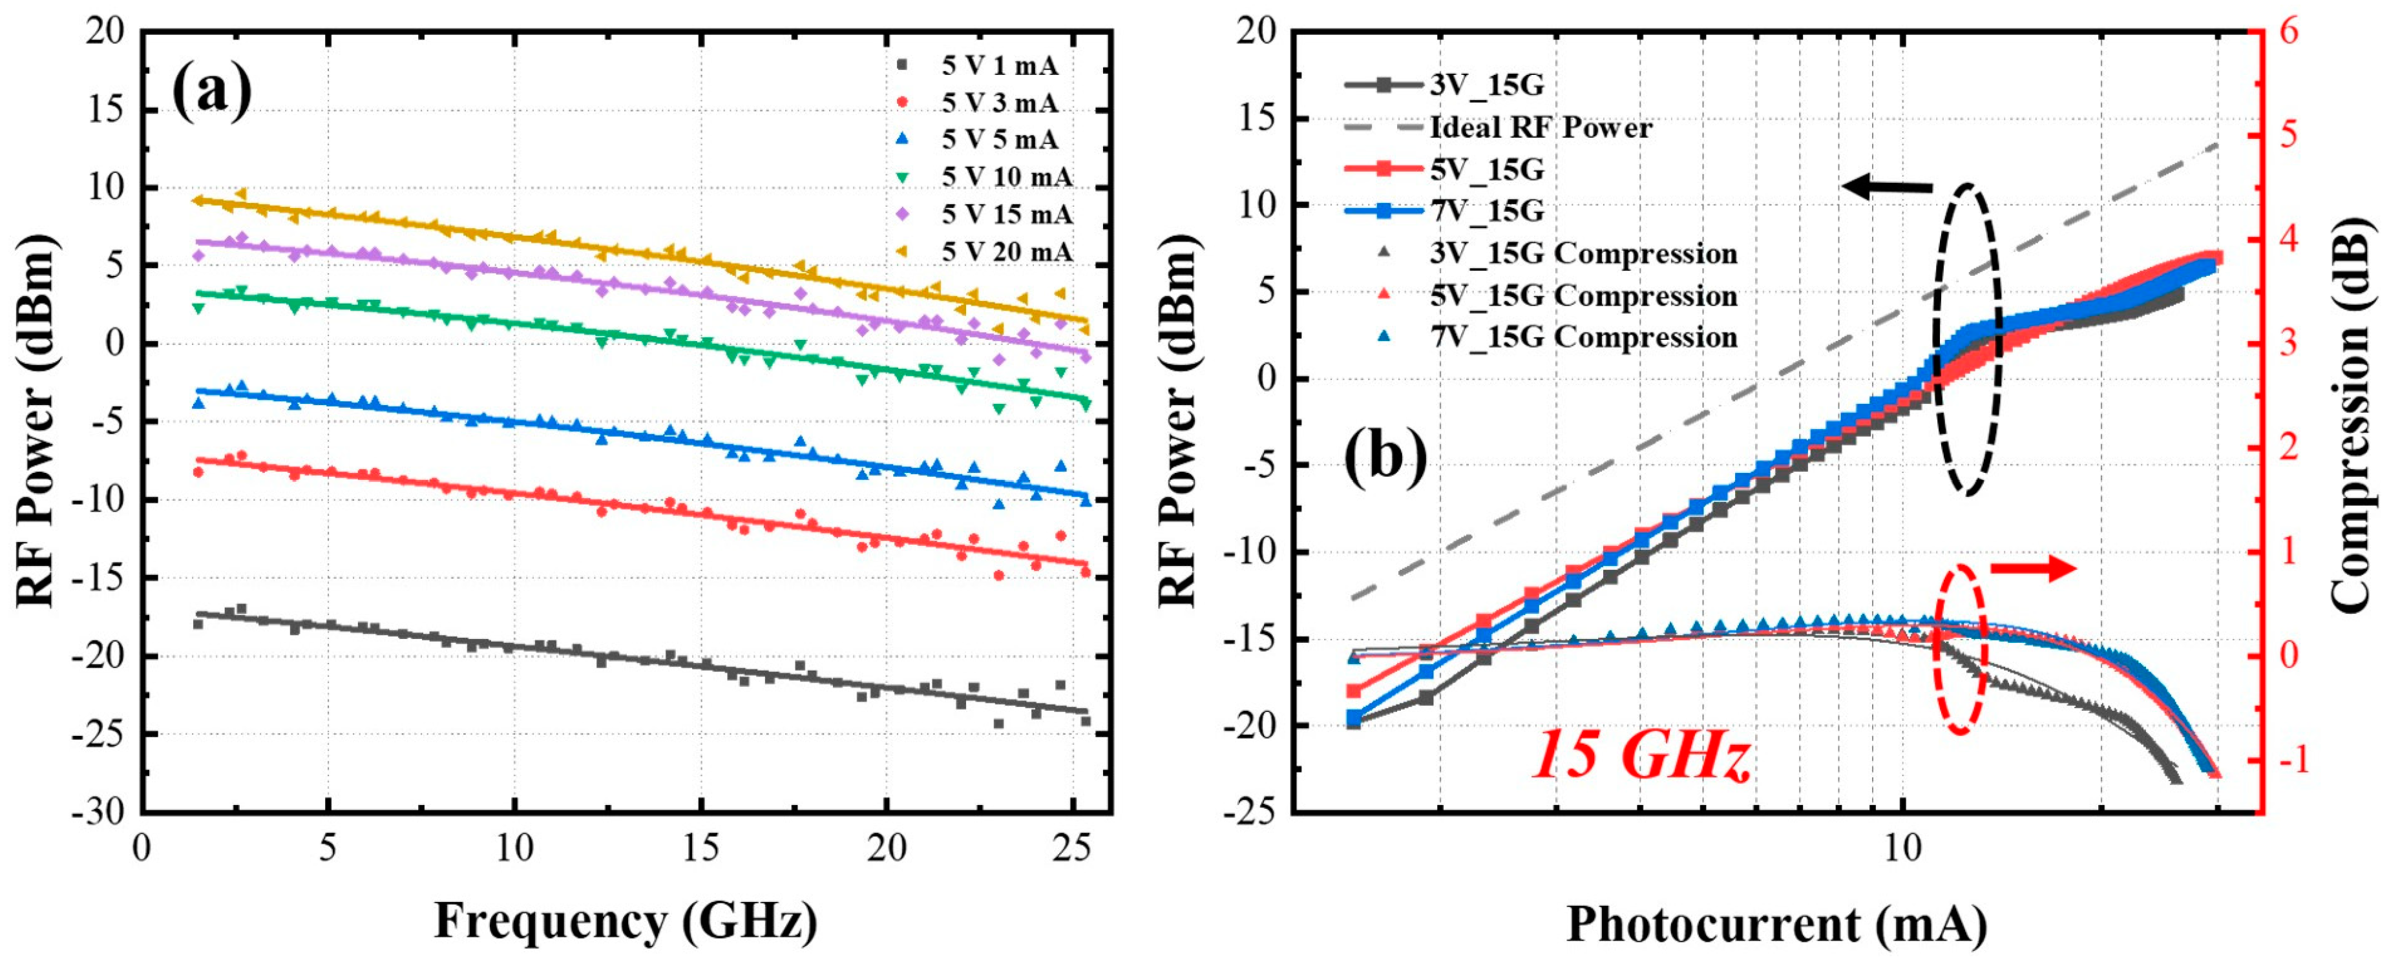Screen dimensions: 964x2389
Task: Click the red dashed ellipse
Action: pos(1960,649)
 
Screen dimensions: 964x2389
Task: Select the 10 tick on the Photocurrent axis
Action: pos(1903,848)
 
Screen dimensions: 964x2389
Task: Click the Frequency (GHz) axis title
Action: pos(626,921)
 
